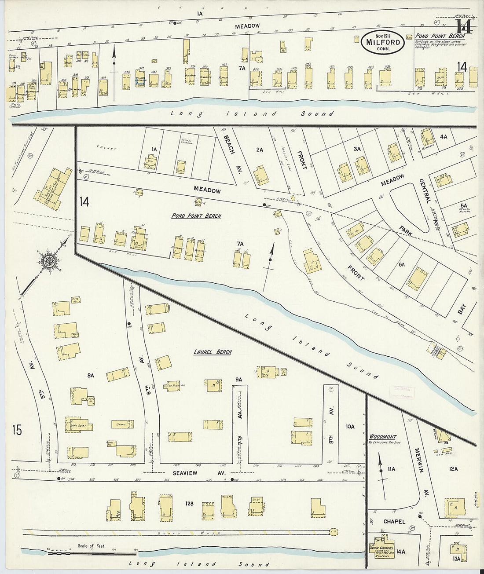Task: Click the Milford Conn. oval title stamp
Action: [x=382, y=43]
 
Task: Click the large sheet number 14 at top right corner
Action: [x=464, y=27]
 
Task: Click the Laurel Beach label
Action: [x=213, y=352]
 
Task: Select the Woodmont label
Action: [x=383, y=437]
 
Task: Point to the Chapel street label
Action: [x=394, y=522]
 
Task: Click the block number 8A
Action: [x=91, y=376]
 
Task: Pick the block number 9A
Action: [x=239, y=379]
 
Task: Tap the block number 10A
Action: [x=350, y=427]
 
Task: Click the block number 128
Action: [x=189, y=504]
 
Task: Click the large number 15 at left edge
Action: [x=17, y=430]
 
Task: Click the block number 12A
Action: [x=453, y=469]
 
